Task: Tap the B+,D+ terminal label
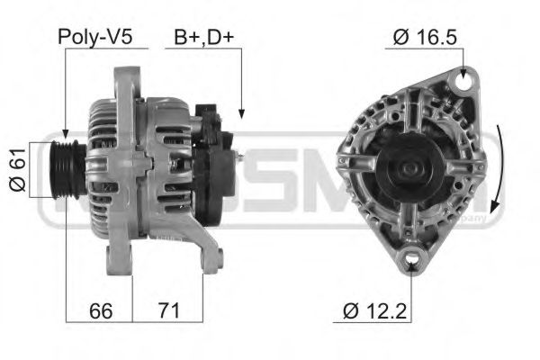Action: pos(203,37)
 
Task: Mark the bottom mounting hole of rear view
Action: pos(412,262)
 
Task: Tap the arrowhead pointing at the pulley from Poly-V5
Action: pos(66,136)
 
